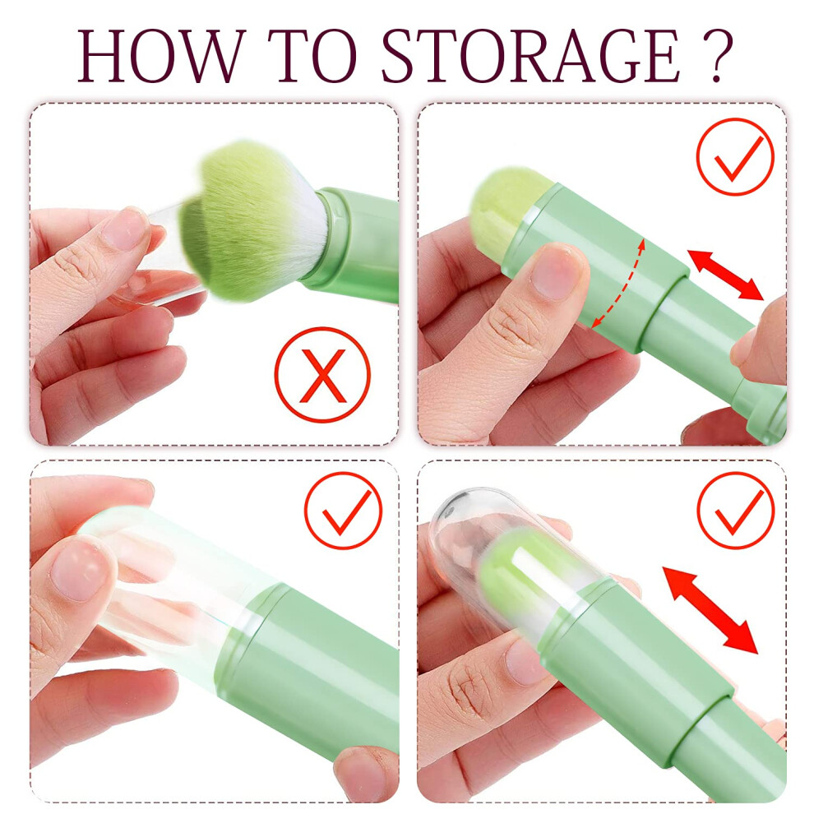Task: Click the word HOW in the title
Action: pyautogui.click(x=161, y=56)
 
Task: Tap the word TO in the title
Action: pyautogui.click(x=313, y=56)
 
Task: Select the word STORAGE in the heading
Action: pyautogui.click(x=530, y=56)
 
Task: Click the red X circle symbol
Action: pyautogui.click(x=322, y=374)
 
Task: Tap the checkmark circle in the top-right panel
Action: pyautogui.click(x=735, y=157)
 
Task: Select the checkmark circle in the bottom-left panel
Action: pyautogui.click(x=343, y=510)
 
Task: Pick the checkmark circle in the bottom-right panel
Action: pyautogui.click(x=735, y=510)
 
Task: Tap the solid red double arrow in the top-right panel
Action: pyautogui.click(x=726, y=275)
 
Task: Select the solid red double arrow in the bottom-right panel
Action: pyautogui.click(x=710, y=609)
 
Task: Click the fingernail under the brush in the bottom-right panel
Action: pyautogui.click(x=525, y=662)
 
